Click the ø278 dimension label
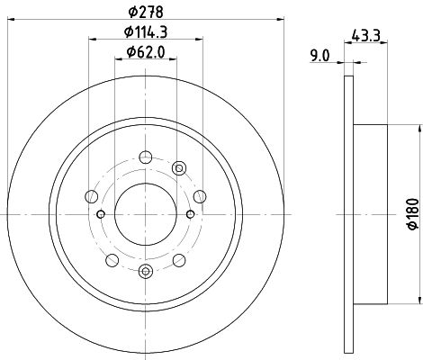point(146,12)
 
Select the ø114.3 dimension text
point(146,31)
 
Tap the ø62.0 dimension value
point(146,52)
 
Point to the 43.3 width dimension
point(365,36)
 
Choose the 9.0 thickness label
point(319,56)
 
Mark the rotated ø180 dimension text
point(413,214)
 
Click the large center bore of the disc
point(146,214)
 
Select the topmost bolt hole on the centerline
point(146,157)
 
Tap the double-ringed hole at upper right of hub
point(179,168)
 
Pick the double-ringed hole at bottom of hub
point(146,271)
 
